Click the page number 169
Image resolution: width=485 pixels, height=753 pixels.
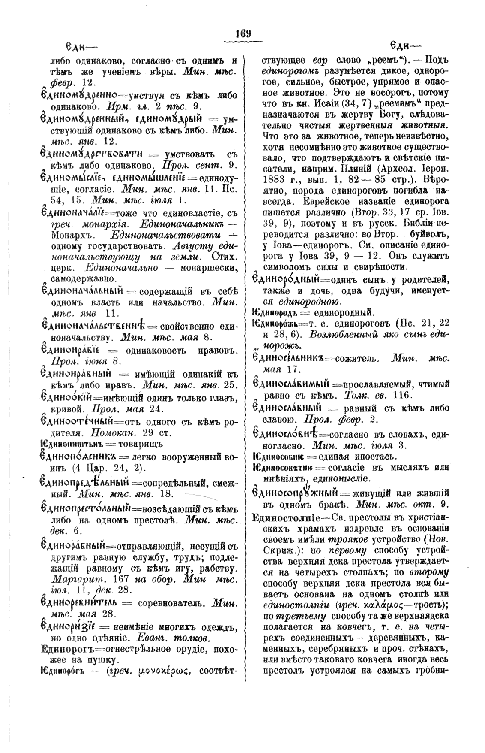tap(243, 34)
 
